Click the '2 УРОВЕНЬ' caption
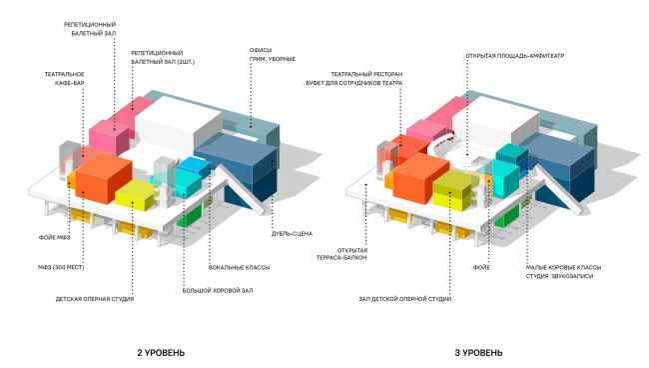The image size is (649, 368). [161, 352]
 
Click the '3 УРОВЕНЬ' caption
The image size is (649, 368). [479, 352]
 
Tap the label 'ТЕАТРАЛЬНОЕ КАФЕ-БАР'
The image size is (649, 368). [64, 80]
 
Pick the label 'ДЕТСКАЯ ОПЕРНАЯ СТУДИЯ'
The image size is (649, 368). [95, 299]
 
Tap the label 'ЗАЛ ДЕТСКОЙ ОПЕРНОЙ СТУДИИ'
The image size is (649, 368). [404, 299]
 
